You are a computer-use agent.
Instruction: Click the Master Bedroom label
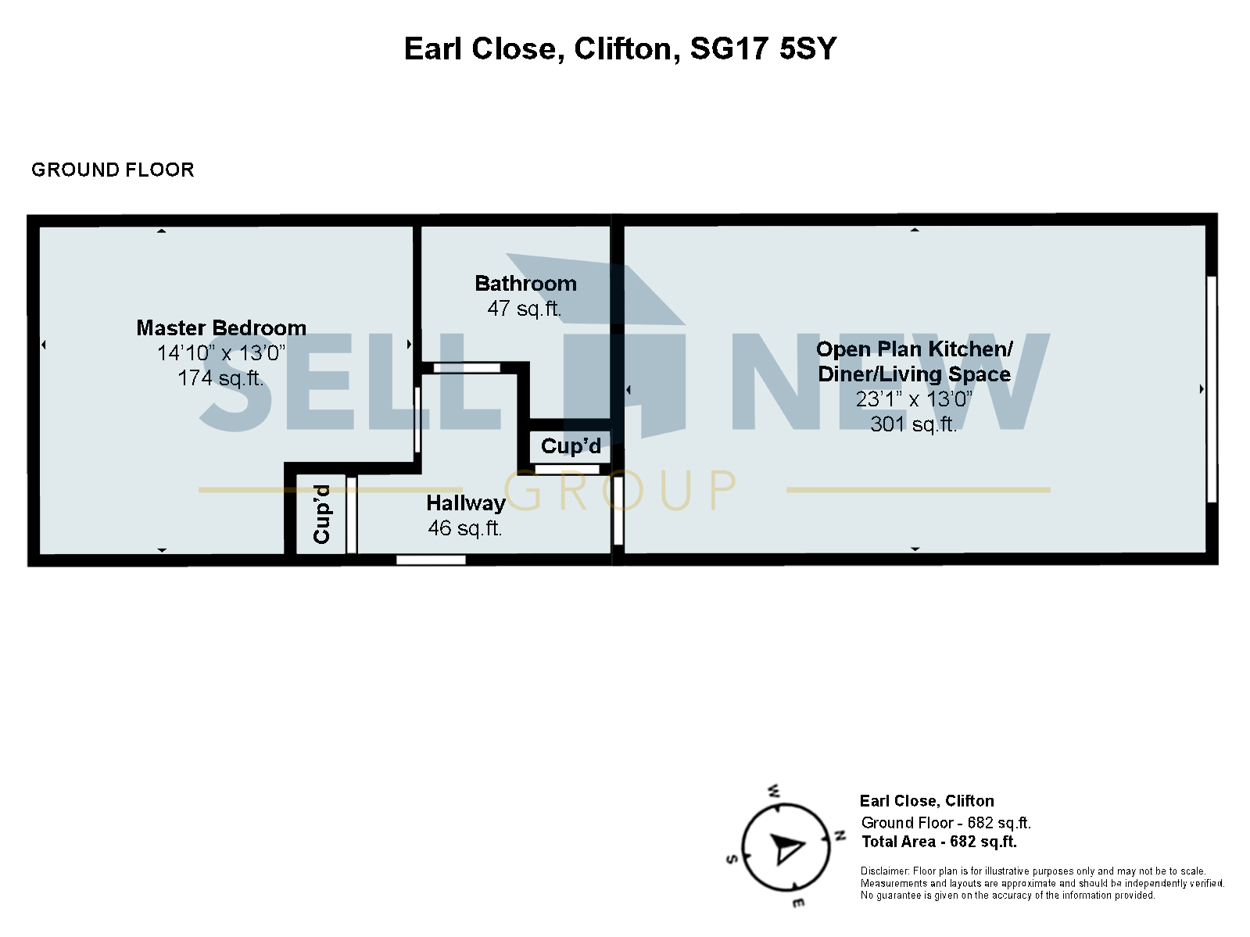[221, 328]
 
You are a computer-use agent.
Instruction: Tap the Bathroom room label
[525, 284]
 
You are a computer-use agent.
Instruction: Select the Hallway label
[465, 503]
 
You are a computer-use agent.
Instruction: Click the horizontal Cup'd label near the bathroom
[571, 446]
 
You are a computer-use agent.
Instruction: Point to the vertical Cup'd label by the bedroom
[321, 514]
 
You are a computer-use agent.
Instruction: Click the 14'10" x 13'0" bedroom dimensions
[221, 353]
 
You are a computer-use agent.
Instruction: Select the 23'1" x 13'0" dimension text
[914, 399]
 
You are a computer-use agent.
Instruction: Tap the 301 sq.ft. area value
[914, 424]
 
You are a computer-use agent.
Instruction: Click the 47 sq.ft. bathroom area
[525, 309]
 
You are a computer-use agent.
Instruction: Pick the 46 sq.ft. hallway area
[465, 528]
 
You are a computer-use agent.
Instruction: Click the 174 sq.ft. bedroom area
[220, 378]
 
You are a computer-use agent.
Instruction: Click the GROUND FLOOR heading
[113, 170]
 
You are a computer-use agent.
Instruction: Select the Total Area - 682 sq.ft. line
[939, 842]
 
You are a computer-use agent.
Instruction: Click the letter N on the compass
[840, 835]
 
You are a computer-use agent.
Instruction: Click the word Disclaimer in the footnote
[885, 871]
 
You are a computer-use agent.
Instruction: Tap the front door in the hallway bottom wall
[431, 560]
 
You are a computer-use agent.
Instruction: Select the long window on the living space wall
[1211, 388]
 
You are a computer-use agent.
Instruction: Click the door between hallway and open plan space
[618, 511]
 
